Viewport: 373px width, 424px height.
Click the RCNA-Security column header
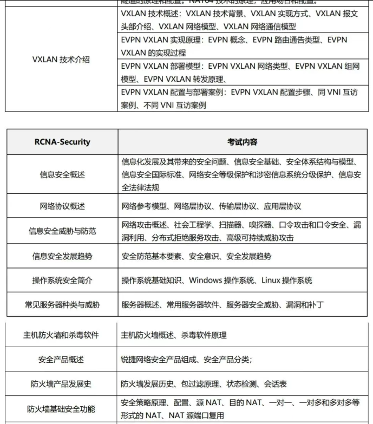click(x=62, y=142)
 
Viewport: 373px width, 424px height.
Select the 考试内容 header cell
click(x=242, y=142)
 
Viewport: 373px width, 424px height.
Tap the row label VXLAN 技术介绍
click(x=61, y=59)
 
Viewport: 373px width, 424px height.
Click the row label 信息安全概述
click(x=62, y=174)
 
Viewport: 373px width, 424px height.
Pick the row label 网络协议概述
click(x=62, y=206)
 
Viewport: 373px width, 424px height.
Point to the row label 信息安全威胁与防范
click(x=62, y=231)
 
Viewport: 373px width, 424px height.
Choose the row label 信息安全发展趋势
click(x=62, y=256)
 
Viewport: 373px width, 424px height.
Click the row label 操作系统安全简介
click(x=62, y=280)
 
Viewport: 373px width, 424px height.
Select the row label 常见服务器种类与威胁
click(x=62, y=304)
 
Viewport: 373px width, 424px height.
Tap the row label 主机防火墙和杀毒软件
click(x=61, y=335)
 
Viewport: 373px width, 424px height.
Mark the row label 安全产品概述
click(x=61, y=360)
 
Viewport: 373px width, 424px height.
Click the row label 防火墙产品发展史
click(x=61, y=384)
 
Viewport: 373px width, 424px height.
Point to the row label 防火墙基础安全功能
click(x=61, y=409)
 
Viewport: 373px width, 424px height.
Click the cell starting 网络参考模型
click(x=211, y=206)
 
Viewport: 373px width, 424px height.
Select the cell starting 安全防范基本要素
click(x=196, y=256)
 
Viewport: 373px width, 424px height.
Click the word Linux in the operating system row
click(x=272, y=280)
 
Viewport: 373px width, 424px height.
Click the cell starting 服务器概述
click(x=222, y=304)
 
